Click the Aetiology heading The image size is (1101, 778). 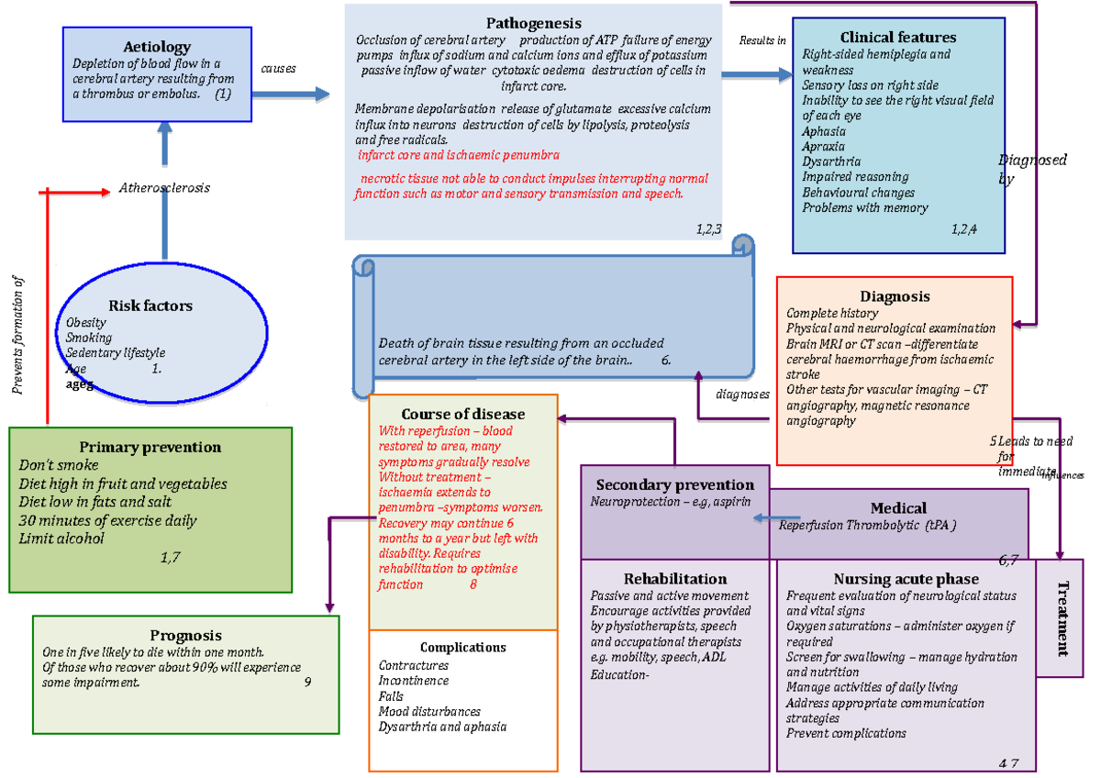tap(157, 47)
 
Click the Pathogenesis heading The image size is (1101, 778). tap(534, 23)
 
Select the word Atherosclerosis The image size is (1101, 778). tap(164, 188)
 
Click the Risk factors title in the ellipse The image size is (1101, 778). tap(150, 306)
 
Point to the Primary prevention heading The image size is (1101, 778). tap(150, 447)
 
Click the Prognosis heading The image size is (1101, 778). tap(185, 635)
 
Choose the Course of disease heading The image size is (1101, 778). tap(462, 414)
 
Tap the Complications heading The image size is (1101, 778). tap(462, 647)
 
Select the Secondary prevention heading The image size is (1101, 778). tap(674, 484)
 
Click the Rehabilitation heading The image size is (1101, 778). tap(674, 579)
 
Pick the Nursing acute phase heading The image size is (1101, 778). tap(905, 579)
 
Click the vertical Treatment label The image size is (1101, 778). tap(1062, 618)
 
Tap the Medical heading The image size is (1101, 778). tap(897, 507)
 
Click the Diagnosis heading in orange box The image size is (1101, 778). tap(894, 295)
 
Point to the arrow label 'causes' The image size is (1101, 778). tap(278, 69)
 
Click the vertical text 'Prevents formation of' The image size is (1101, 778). tap(18, 335)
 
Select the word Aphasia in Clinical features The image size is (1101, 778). tap(823, 131)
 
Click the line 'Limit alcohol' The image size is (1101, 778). tap(61, 538)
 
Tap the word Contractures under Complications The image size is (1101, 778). tap(413, 665)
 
